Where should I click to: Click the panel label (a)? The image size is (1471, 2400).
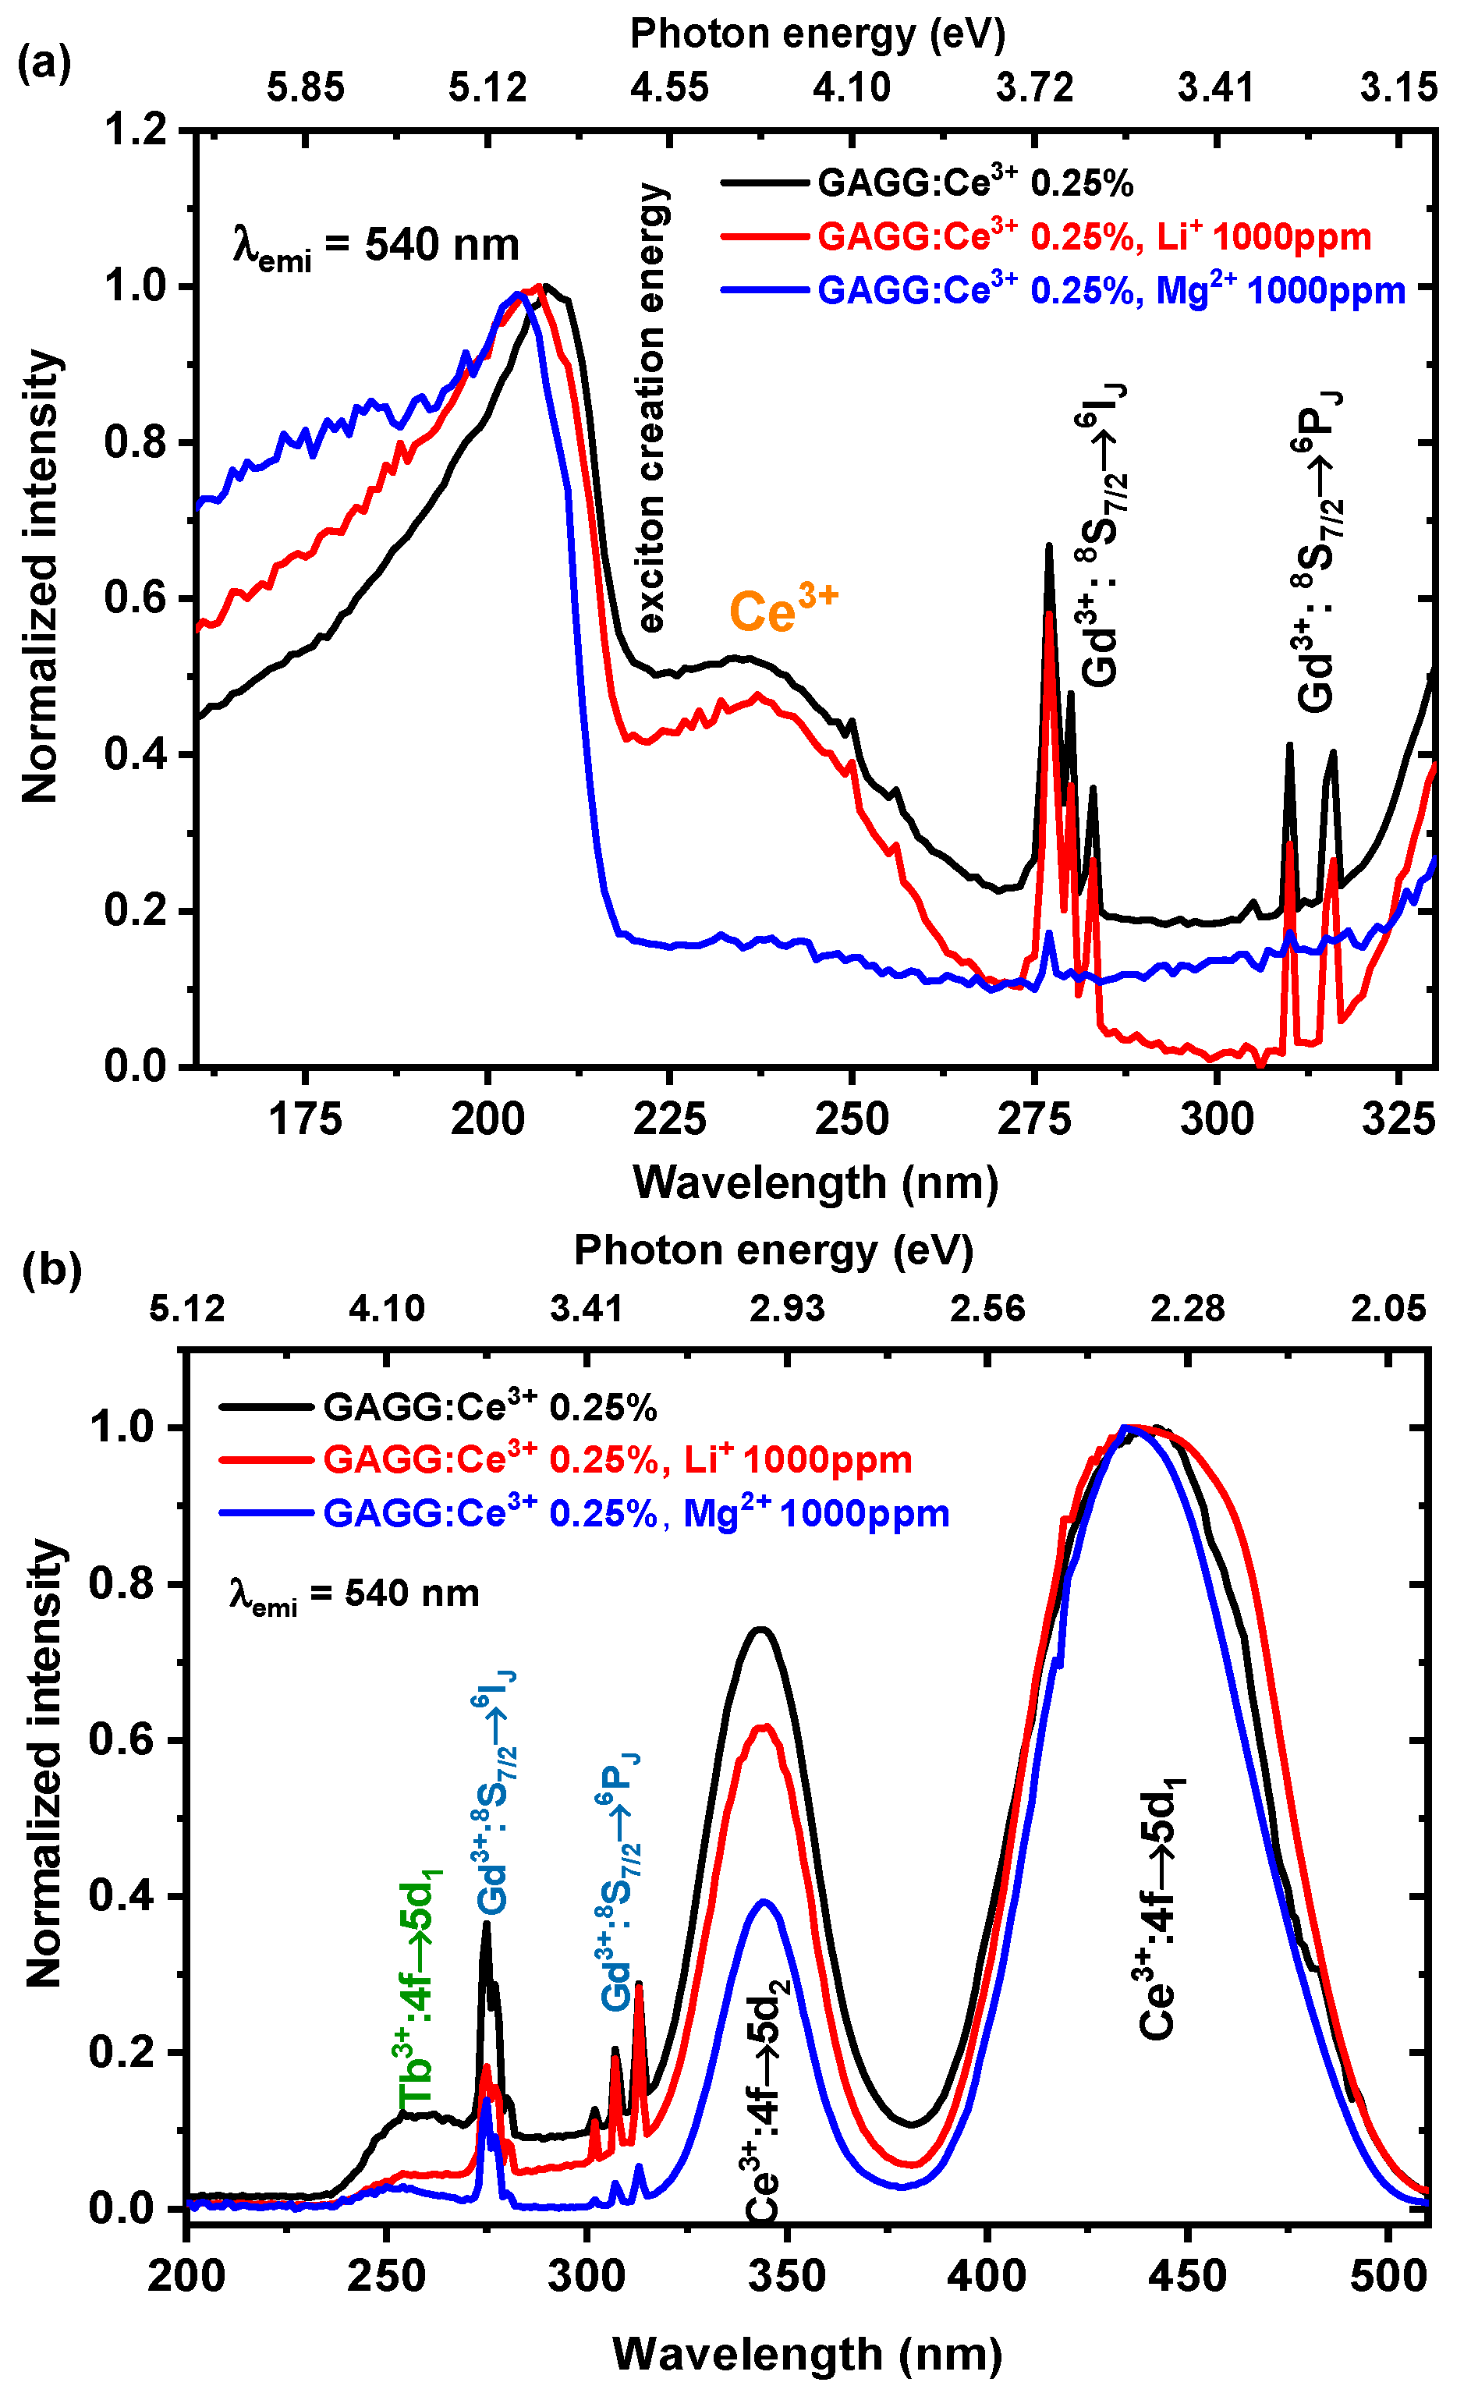pos(44,64)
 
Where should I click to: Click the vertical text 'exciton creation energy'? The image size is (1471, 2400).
pos(650,408)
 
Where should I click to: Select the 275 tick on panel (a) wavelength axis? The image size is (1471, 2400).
pos(1033,1118)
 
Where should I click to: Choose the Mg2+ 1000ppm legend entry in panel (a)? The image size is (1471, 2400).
pos(1111,289)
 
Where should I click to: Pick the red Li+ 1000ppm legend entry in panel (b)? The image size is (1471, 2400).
pos(617,1459)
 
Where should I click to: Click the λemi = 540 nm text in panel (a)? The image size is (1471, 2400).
pos(376,246)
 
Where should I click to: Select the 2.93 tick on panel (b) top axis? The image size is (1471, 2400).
pos(786,1308)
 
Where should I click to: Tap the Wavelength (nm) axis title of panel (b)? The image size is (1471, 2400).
pos(806,2353)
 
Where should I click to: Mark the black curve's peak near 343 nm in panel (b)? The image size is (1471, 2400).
pos(760,1629)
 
